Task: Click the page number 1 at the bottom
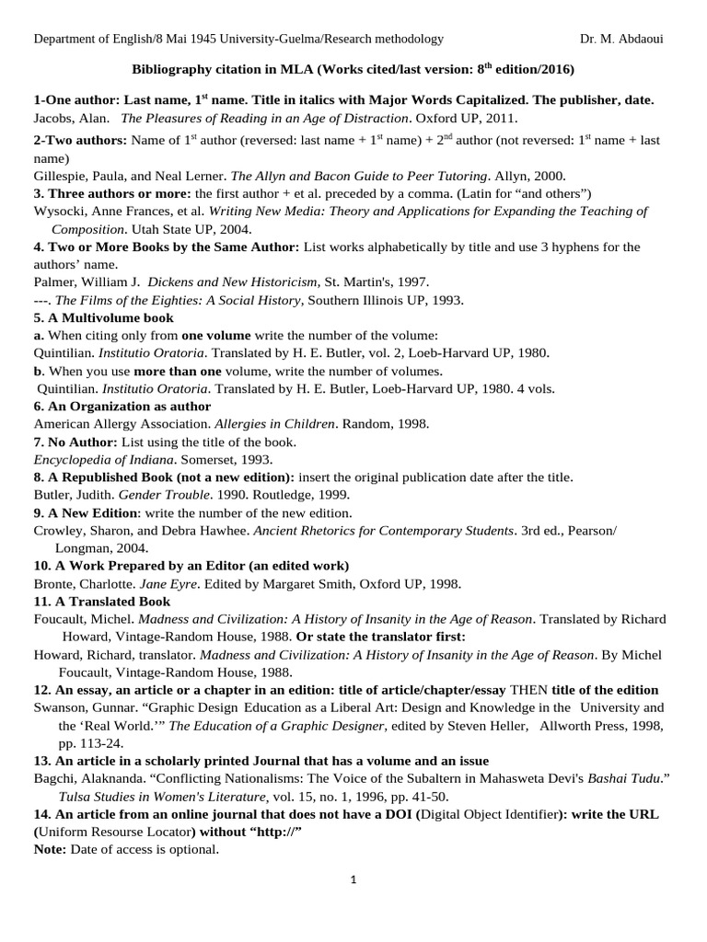pyautogui.click(x=353, y=879)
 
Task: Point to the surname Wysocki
pyautogui.click(x=60, y=212)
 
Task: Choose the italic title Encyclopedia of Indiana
pyautogui.click(x=101, y=459)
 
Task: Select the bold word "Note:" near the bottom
pyautogui.click(x=50, y=849)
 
